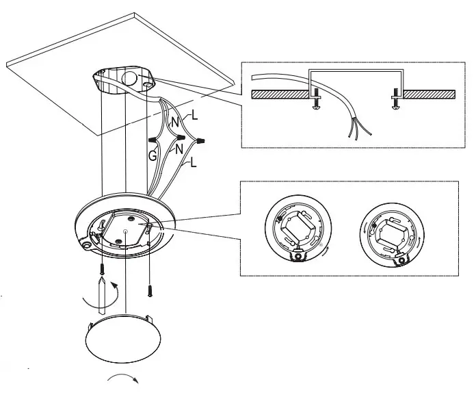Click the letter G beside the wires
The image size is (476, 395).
point(152,155)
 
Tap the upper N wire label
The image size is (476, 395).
point(174,123)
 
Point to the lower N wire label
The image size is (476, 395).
point(179,148)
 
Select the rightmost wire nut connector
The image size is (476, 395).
point(200,142)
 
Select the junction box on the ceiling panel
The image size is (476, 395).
point(124,81)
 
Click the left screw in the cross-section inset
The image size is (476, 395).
point(315,104)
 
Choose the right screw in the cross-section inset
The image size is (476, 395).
point(395,103)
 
